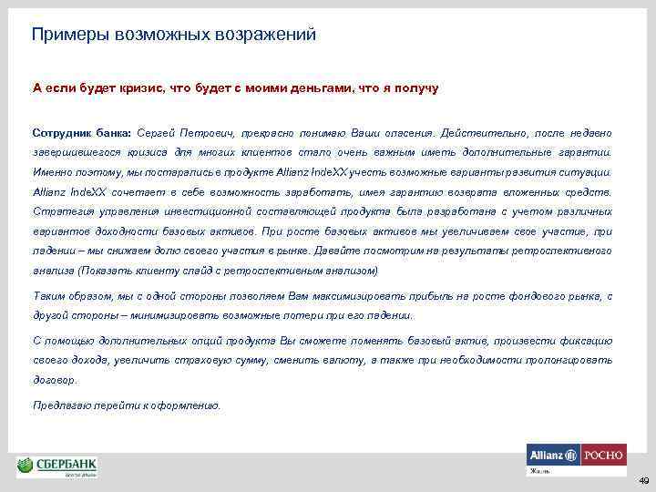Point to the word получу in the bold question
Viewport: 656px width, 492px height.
point(416,88)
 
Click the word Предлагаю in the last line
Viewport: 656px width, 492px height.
point(58,405)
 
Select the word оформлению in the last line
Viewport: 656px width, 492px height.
point(188,405)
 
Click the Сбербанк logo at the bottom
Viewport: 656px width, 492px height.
point(56,466)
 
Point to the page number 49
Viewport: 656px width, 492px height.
point(642,480)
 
